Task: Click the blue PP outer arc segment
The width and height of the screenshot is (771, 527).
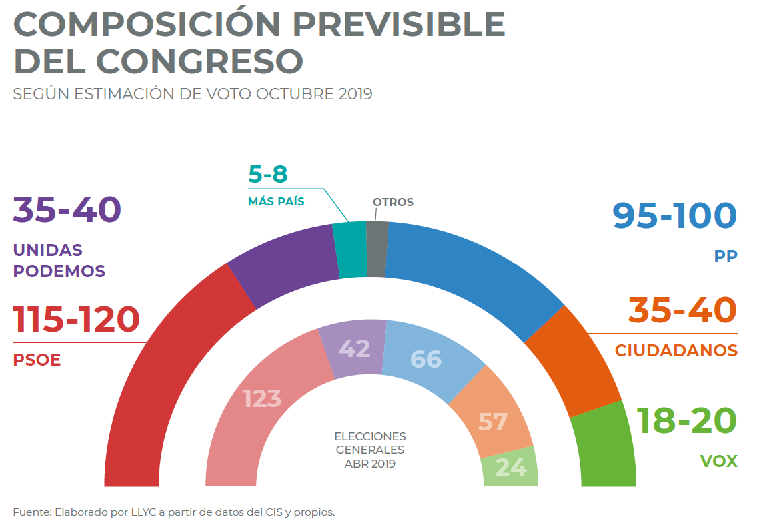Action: (467, 273)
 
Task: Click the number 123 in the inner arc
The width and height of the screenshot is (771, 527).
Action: (262, 399)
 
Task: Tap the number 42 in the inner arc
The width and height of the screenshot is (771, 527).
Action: (355, 348)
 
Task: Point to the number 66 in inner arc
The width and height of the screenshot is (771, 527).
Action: (426, 359)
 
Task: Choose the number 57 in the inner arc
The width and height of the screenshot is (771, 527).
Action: (492, 422)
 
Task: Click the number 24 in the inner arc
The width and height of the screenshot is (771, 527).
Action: (511, 467)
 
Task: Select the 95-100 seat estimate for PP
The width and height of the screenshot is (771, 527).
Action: (674, 216)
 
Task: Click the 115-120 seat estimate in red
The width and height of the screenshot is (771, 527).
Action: (76, 320)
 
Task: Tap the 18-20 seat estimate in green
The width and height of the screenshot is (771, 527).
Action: (686, 421)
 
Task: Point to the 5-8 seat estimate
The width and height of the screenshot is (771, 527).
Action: (267, 174)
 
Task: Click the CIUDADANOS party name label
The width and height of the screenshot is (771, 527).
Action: (676, 350)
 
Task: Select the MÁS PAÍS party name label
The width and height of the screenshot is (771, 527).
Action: (276, 201)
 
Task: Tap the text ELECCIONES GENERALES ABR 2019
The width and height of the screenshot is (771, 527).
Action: (370, 450)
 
